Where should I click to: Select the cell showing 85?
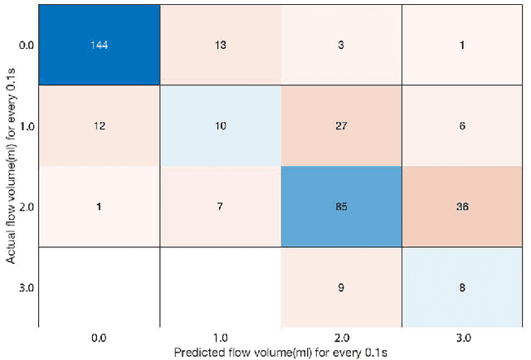[342, 207]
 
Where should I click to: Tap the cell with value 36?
[464, 207]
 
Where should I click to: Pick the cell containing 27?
[342, 125]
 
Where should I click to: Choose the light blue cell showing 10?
[219, 125]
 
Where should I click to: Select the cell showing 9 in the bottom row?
[342, 287]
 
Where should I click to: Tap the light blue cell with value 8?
[464, 287]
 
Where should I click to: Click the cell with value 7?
[219, 207]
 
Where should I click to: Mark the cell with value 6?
[464, 125]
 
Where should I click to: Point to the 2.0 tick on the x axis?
[342, 338]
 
